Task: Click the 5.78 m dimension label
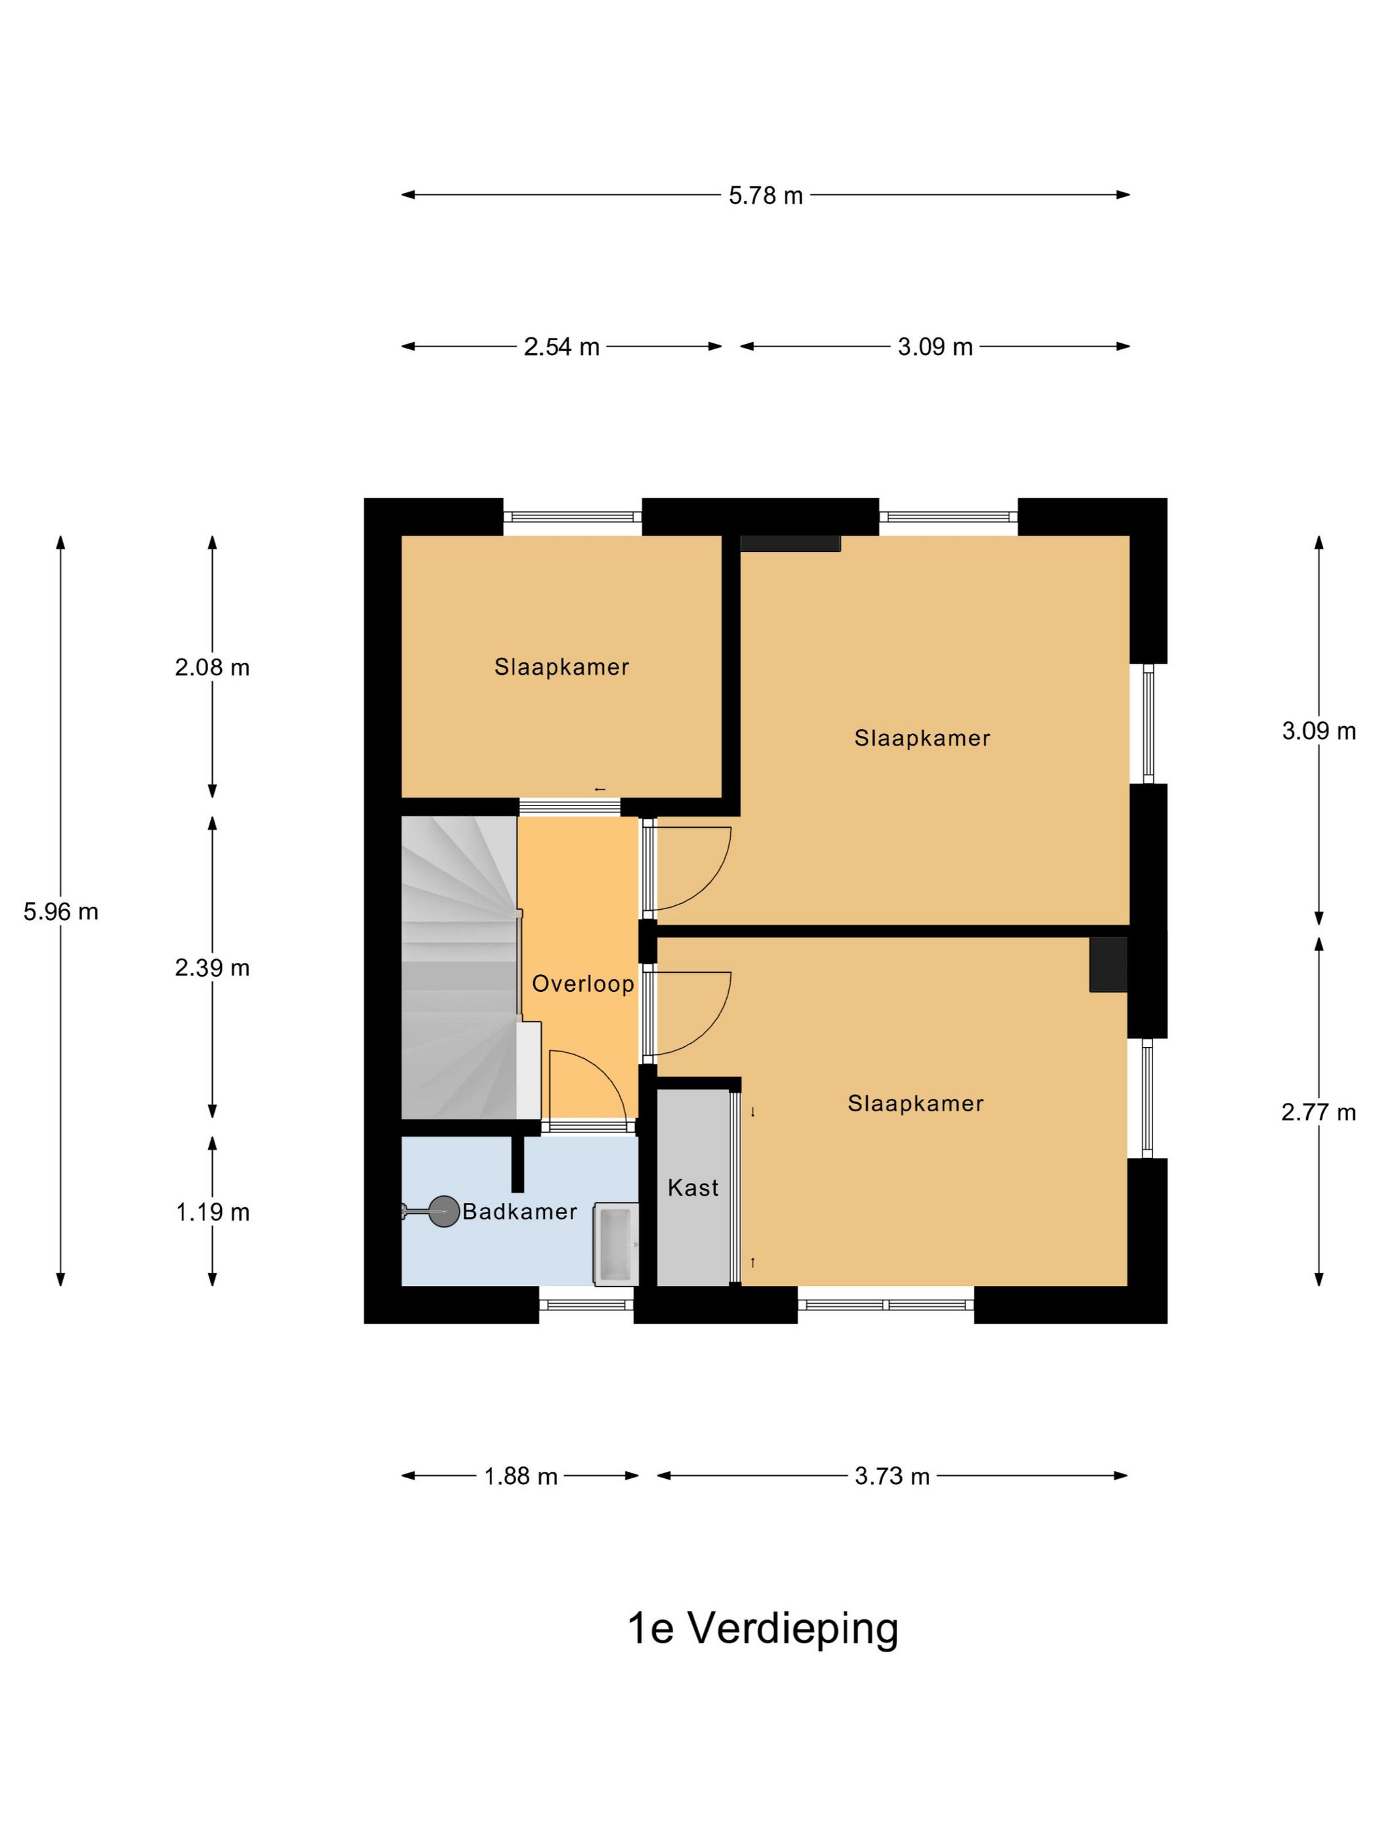pos(766,195)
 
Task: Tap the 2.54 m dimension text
pos(561,347)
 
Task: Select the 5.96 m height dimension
pos(60,912)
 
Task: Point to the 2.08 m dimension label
pos(212,667)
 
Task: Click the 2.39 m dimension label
pos(212,968)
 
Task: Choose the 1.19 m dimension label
pos(212,1212)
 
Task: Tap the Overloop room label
pos(582,984)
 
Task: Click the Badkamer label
pos(519,1212)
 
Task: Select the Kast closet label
pos(693,1187)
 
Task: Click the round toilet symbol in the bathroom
pos(445,1212)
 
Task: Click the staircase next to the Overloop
pos(460,968)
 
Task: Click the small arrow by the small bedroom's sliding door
pos(600,790)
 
